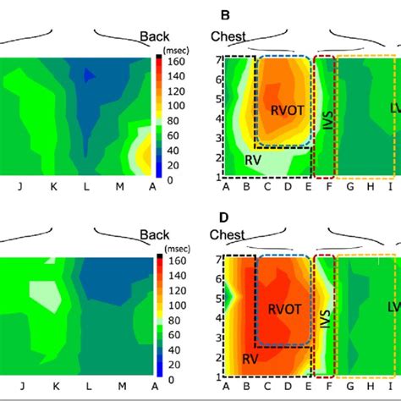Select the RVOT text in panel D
(283, 309)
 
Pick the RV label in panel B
(251, 158)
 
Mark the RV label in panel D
(247, 358)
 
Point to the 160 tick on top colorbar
(173, 62)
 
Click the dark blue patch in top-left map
(91, 75)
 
